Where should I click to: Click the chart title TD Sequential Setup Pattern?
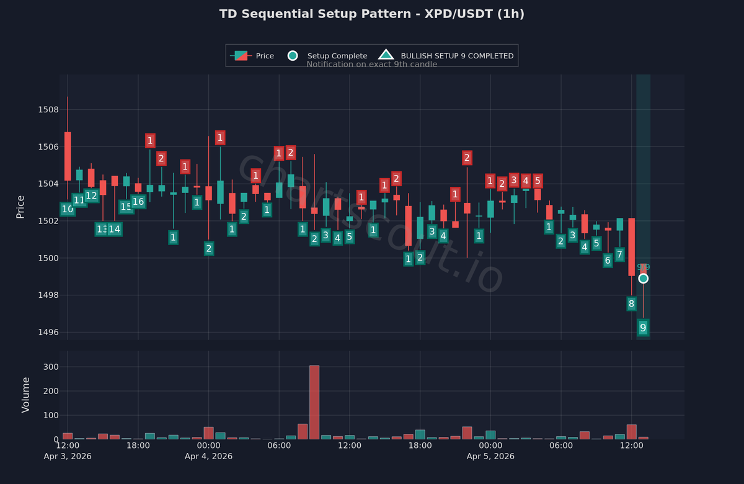(x=372, y=14)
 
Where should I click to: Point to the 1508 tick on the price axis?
(x=48, y=110)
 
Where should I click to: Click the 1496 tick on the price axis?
(x=48, y=332)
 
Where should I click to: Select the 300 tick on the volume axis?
(x=50, y=367)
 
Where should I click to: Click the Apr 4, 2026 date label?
(x=208, y=456)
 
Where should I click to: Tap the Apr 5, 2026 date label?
(x=490, y=456)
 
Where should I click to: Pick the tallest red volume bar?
(x=314, y=402)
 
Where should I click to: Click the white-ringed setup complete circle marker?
(x=644, y=279)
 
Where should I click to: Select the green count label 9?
(x=643, y=328)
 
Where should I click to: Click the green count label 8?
(x=631, y=303)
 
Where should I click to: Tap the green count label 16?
(x=138, y=202)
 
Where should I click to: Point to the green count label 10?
(x=67, y=210)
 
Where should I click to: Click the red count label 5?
(x=538, y=181)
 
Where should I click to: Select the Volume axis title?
(x=25, y=395)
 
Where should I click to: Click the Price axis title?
(x=20, y=207)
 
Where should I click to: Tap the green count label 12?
(x=91, y=196)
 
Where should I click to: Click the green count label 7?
(x=619, y=254)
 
